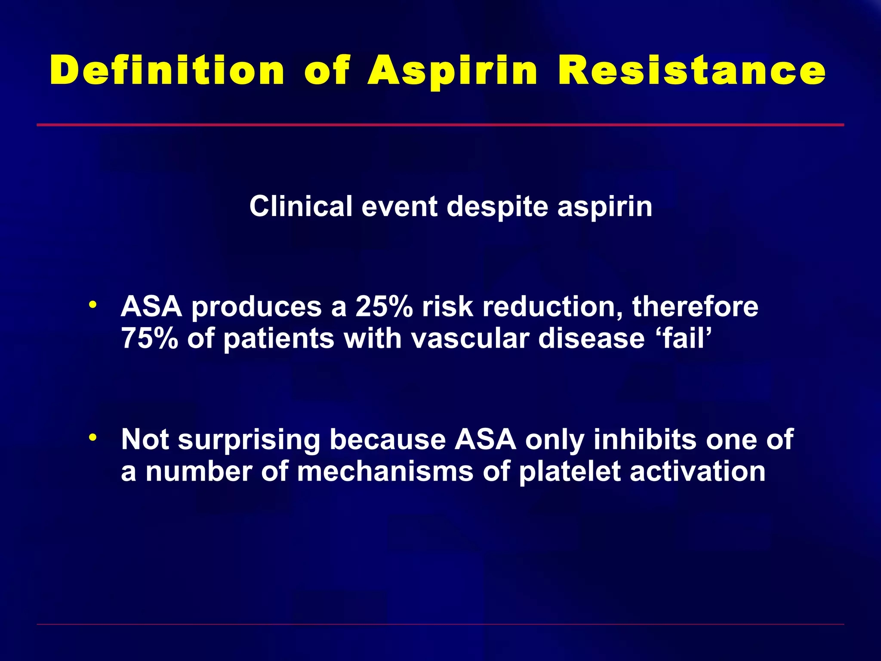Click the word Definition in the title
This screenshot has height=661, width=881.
point(167,70)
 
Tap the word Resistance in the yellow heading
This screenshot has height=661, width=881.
point(691,70)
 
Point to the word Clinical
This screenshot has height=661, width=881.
point(301,207)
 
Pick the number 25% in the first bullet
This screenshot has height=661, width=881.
point(384,307)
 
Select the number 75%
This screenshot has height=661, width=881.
point(149,338)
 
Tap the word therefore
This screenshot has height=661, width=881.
point(695,307)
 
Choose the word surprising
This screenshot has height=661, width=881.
point(249,440)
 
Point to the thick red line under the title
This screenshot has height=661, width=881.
point(440,125)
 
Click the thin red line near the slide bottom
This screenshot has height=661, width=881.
point(440,624)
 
